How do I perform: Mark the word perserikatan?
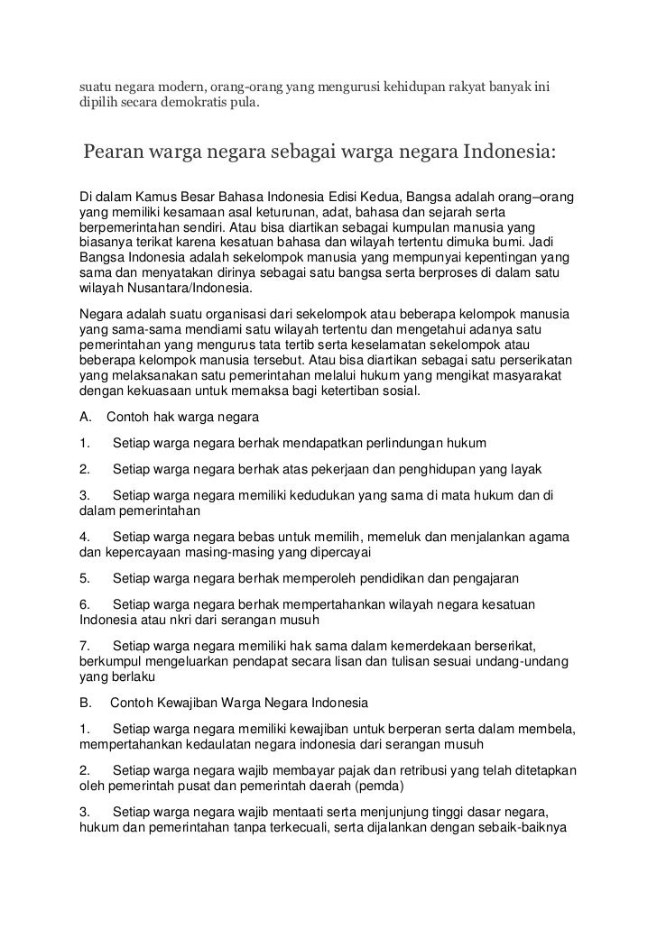point(529,359)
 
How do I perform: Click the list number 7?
point(83,647)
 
